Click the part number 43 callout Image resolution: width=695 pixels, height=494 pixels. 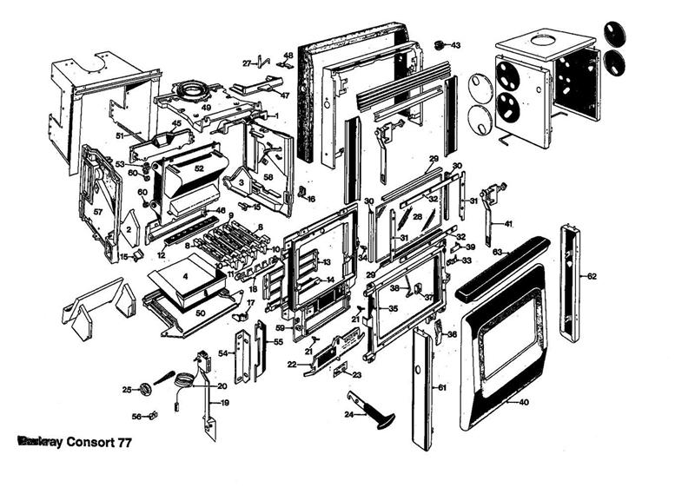(456, 44)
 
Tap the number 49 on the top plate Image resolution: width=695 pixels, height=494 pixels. (206, 108)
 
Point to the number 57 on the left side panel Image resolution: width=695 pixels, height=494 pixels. (98, 212)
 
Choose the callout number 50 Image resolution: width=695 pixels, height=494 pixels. (200, 312)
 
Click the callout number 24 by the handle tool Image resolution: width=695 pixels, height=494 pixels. (348, 415)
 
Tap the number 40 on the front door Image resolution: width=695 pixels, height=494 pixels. (523, 402)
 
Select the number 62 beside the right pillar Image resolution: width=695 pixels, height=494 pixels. (592, 277)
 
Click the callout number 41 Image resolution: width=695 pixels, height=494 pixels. (508, 224)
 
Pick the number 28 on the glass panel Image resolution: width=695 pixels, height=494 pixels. (417, 217)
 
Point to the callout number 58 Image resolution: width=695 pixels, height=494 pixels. (268, 177)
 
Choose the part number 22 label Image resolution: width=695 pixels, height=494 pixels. (292, 365)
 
